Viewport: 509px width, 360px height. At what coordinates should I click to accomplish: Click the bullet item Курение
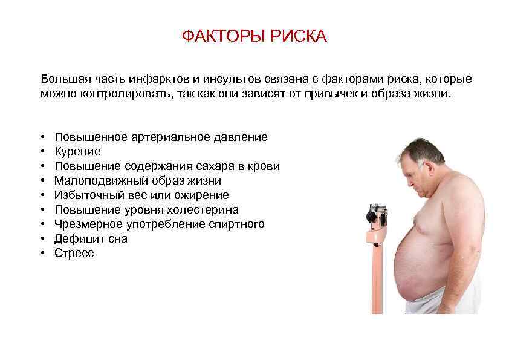pos(77,151)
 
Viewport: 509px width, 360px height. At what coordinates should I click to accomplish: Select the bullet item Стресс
pos(74,254)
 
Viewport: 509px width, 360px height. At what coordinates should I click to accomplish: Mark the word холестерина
pos(206,209)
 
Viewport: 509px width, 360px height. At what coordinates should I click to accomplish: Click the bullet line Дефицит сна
pos(91,239)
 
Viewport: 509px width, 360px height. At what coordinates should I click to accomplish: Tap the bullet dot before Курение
pos(45,152)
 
